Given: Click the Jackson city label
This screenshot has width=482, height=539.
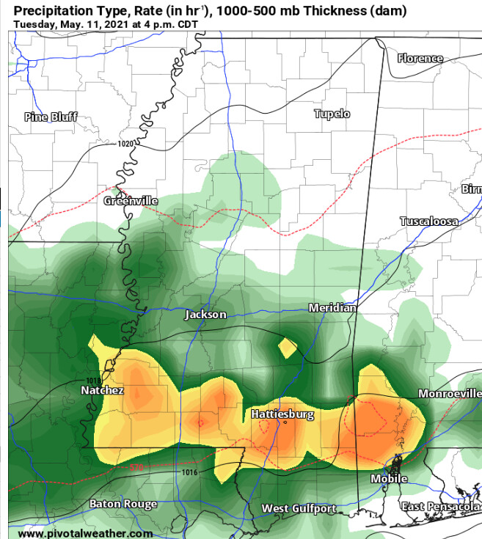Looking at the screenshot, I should pyautogui.click(x=205, y=315).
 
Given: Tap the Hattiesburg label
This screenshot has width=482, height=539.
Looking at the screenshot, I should pyautogui.click(x=282, y=414).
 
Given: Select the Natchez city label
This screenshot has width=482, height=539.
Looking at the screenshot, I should pyautogui.click(x=102, y=391).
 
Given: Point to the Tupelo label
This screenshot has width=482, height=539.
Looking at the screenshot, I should pyautogui.click(x=332, y=114).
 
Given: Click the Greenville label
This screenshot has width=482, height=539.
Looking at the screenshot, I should pyautogui.click(x=131, y=200).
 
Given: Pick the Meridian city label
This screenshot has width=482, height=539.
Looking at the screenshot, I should pyautogui.click(x=332, y=307).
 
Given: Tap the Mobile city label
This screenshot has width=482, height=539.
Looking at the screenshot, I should pyautogui.click(x=389, y=479).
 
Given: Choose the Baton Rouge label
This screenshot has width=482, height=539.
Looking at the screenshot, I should pyautogui.click(x=123, y=504).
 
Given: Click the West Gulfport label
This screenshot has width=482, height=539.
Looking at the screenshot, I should pyautogui.click(x=299, y=508).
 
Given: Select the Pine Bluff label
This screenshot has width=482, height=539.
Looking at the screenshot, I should pyautogui.click(x=51, y=117).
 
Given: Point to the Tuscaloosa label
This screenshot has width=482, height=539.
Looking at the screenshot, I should pyautogui.click(x=429, y=221).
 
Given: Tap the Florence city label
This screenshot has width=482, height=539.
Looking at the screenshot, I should pyautogui.click(x=420, y=58).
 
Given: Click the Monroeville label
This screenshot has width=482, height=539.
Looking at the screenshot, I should pyautogui.click(x=449, y=394).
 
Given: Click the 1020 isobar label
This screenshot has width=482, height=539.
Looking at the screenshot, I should pyautogui.click(x=125, y=144).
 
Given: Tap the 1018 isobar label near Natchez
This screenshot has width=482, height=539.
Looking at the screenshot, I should pyautogui.click(x=92, y=381).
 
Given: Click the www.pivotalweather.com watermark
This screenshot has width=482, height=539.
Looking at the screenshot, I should pyautogui.click(x=70, y=533).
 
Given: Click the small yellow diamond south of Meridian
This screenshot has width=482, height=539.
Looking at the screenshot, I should pyautogui.click(x=288, y=346).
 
